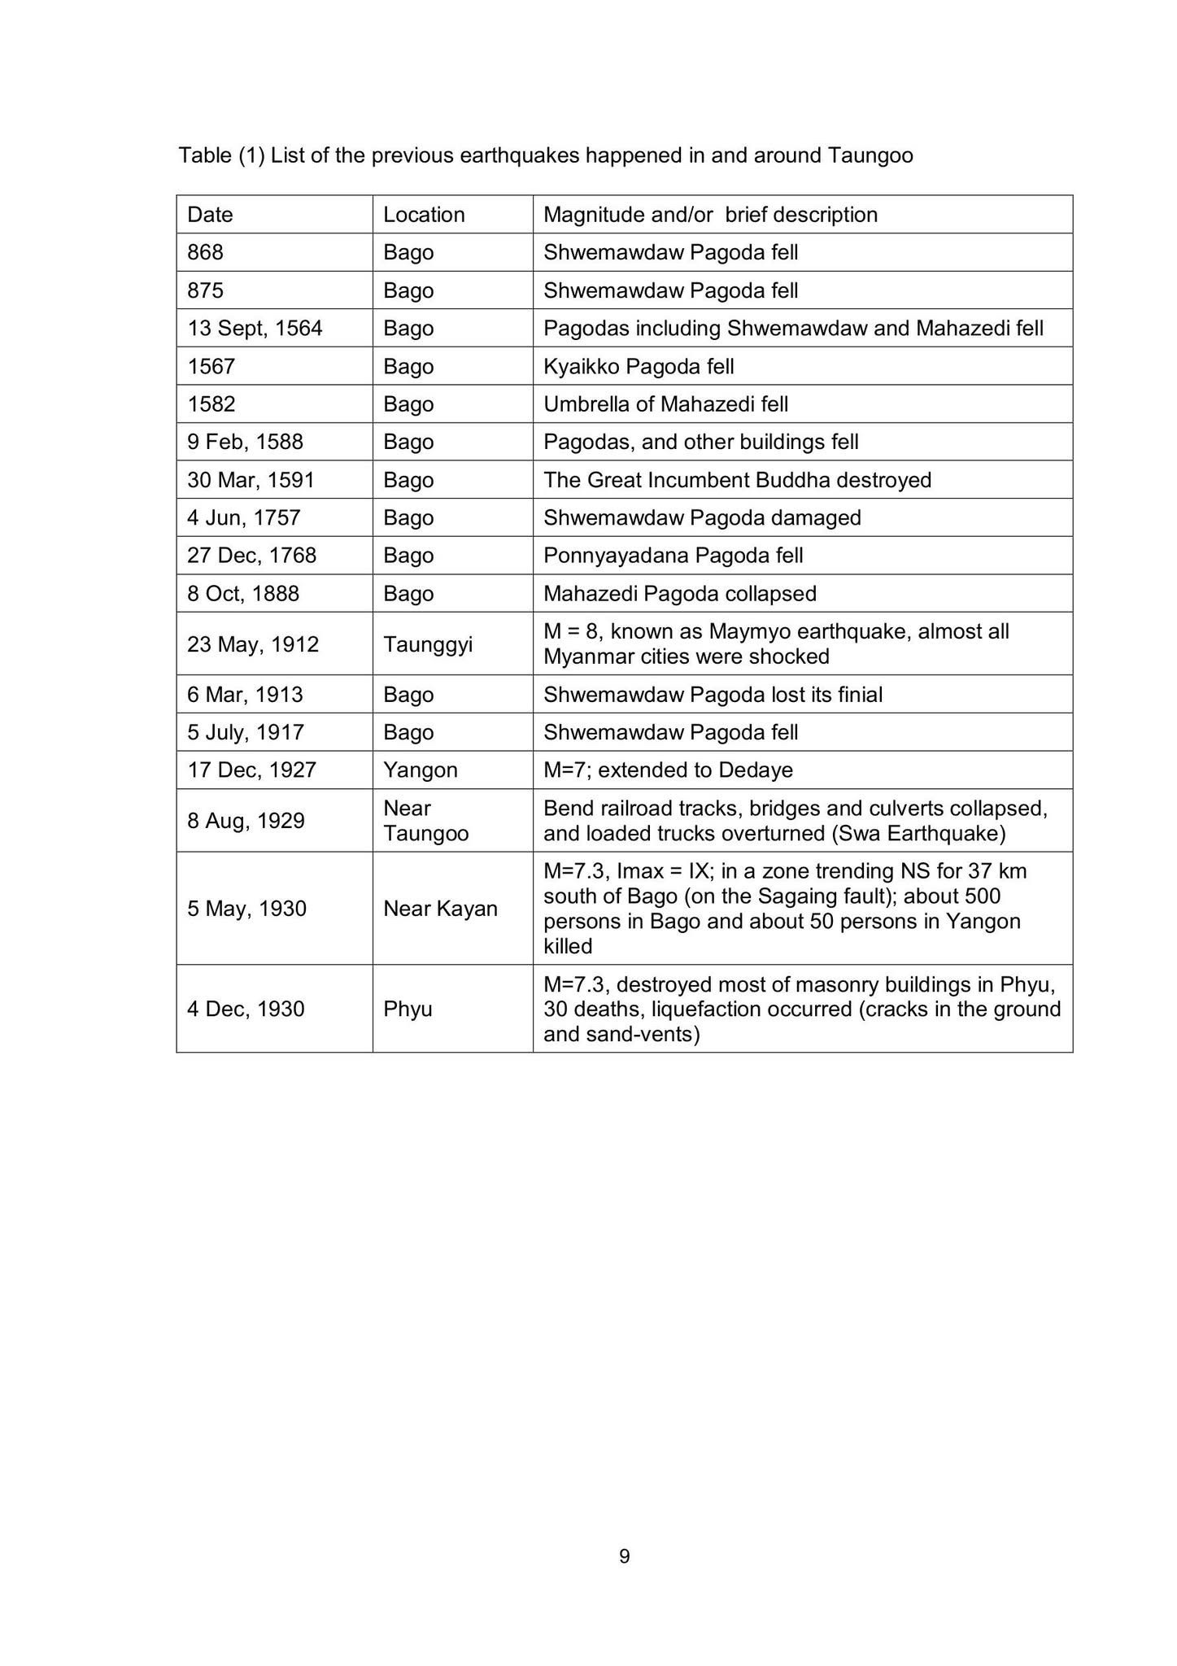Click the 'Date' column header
point(210,215)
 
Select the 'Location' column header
point(424,215)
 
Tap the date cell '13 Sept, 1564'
point(255,329)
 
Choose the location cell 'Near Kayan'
point(440,909)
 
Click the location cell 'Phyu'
point(408,1010)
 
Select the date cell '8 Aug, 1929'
point(246,821)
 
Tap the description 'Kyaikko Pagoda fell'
point(639,367)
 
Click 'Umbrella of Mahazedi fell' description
point(665,404)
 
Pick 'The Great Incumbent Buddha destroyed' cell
point(737,480)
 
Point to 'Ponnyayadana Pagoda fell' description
point(673,556)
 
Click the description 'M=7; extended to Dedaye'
point(668,770)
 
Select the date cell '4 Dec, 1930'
point(246,1010)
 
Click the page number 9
point(625,1556)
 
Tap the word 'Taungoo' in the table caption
point(870,155)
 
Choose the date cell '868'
point(205,252)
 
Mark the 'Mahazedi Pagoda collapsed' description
point(679,594)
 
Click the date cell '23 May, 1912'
point(253,644)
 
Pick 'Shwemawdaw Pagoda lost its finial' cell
point(713,695)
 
